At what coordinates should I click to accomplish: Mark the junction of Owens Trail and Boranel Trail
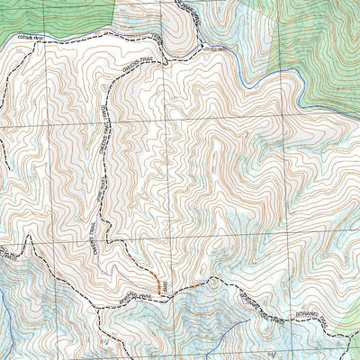(162, 290)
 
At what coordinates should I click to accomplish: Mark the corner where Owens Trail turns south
(110, 90)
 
